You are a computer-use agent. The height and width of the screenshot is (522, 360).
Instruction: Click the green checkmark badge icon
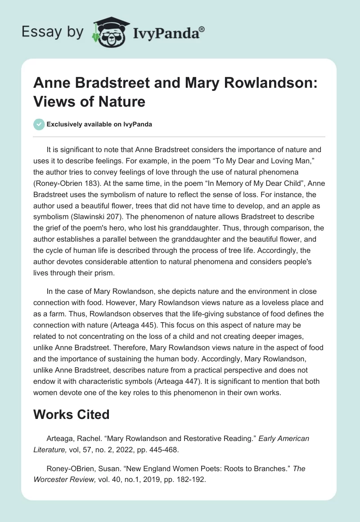(39, 124)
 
